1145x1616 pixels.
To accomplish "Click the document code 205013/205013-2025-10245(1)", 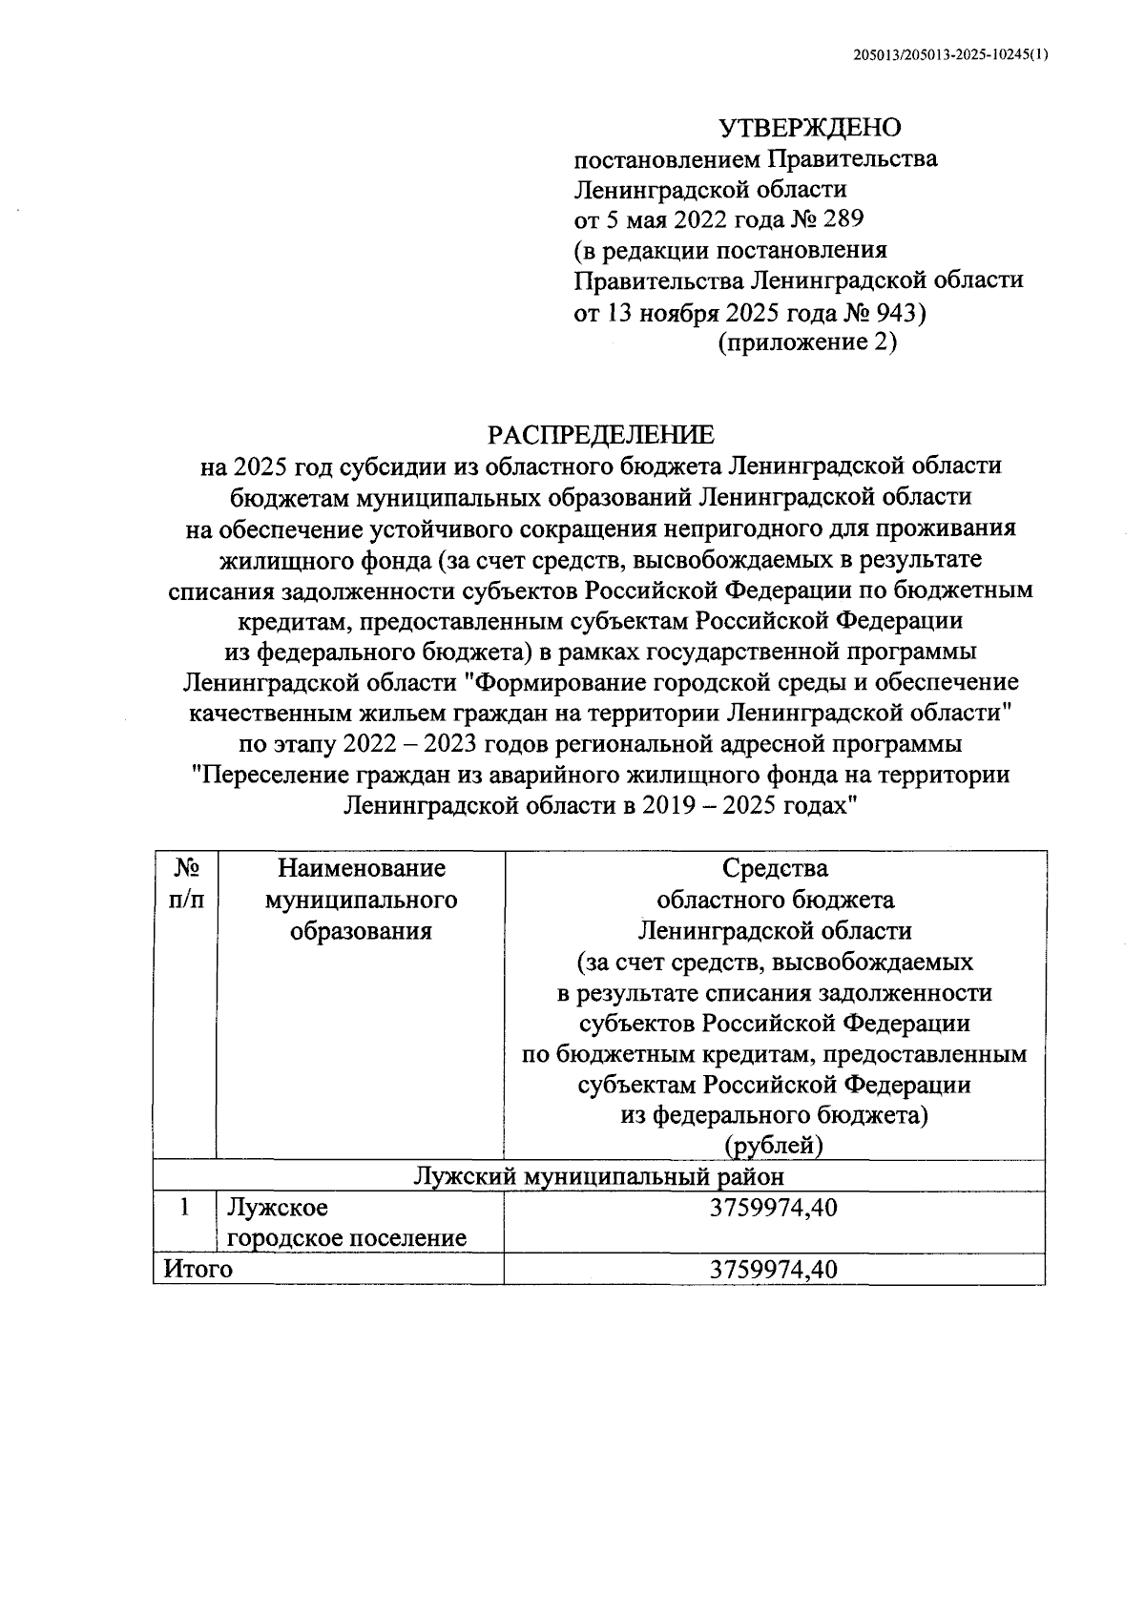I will (x=950, y=55).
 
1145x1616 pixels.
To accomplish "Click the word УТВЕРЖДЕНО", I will (x=809, y=127).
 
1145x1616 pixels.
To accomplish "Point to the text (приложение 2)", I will (x=807, y=342).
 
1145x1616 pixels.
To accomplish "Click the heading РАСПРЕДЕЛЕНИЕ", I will (x=600, y=435).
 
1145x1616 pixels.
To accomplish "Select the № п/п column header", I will (x=186, y=883).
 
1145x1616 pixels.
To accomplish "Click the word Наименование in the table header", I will (x=362, y=868).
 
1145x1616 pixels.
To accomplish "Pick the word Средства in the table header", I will (x=775, y=868).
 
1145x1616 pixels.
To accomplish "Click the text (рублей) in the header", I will (x=774, y=1145).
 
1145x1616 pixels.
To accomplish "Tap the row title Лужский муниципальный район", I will (x=599, y=1175).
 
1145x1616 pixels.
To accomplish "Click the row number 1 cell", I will (x=186, y=1208).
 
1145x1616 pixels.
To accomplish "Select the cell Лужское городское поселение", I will (x=346, y=1223).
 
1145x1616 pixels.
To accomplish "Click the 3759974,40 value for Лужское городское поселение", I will (x=774, y=1208).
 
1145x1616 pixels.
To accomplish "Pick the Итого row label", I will (x=198, y=1269).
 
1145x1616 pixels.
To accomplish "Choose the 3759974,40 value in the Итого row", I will (x=774, y=1269).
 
